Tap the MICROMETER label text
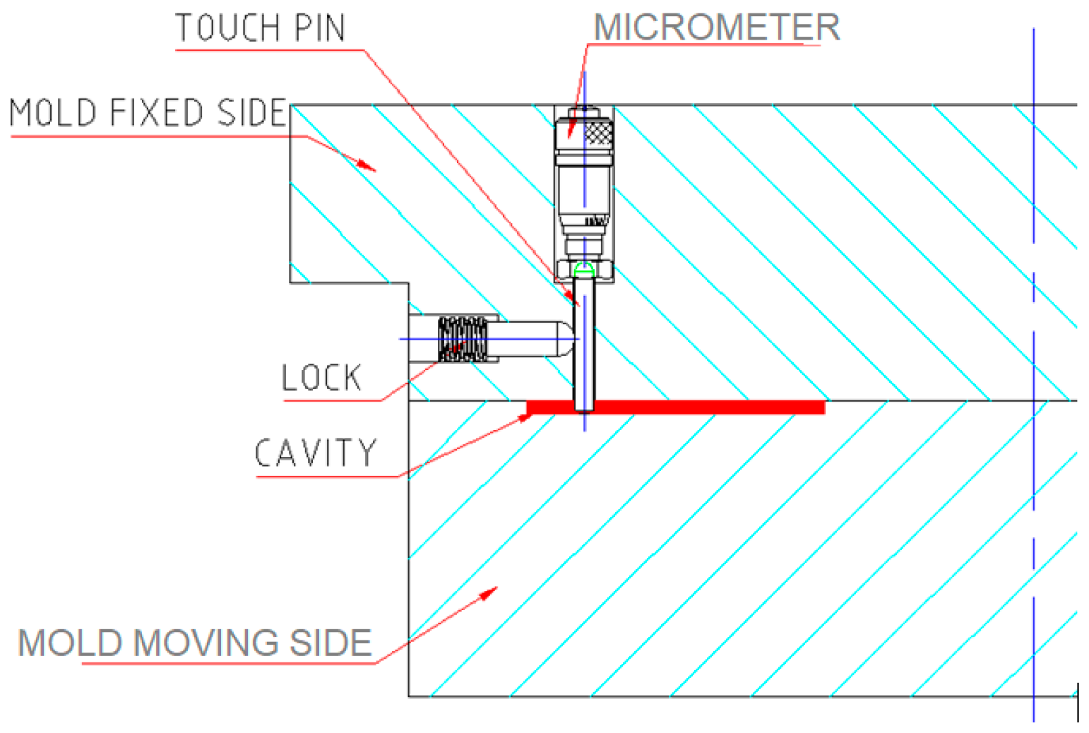click(716, 28)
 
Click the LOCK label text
click(321, 378)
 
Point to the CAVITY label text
click(316, 453)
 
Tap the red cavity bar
click(706, 407)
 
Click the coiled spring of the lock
click(463, 339)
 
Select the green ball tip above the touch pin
click(583, 269)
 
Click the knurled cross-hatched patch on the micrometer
click(598, 133)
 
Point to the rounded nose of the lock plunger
click(569, 339)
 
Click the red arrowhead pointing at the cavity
click(525, 417)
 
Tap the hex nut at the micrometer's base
click(584, 269)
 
